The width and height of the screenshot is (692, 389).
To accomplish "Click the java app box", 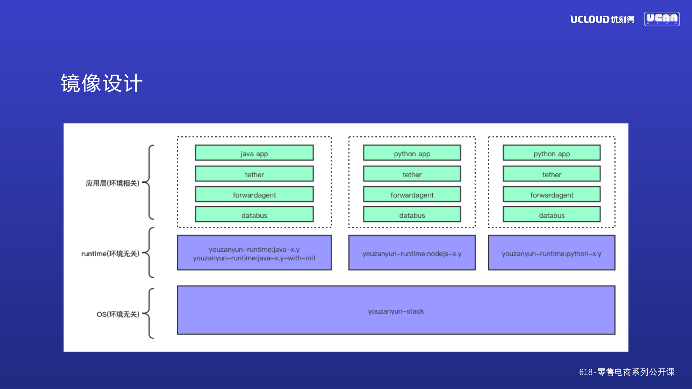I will point(254,153).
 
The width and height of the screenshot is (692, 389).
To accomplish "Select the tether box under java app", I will point(254,174).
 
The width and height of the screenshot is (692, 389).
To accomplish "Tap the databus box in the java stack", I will point(254,215).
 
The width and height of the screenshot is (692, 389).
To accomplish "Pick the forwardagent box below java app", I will point(254,195).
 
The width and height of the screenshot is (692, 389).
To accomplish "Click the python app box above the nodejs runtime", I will point(412,153).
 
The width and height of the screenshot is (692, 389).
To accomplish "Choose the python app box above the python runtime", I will point(551,153).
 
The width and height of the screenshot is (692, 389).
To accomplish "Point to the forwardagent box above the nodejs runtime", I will point(412,195).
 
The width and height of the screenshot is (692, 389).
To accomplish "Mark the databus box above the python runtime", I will point(551,215).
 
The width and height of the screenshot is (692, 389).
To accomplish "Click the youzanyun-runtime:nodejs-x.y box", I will point(412,253).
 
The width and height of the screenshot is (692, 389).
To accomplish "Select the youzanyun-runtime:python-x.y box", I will point(551,253).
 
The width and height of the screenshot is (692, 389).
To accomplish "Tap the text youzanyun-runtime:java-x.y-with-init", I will point(254,258).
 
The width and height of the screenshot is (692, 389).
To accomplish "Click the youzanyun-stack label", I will point(396,311).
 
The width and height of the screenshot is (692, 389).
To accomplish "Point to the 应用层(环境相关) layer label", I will point(113,183).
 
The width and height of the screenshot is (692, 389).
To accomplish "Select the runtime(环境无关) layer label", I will point(110,253).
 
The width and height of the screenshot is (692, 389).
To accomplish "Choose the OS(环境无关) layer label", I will point(118,314).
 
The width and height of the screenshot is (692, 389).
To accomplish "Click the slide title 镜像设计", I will point(102,83).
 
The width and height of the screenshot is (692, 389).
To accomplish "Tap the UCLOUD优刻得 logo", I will point(602,19).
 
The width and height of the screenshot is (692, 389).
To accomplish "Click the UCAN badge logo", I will point(662,19).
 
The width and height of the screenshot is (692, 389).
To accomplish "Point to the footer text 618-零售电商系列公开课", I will point(626,372).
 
